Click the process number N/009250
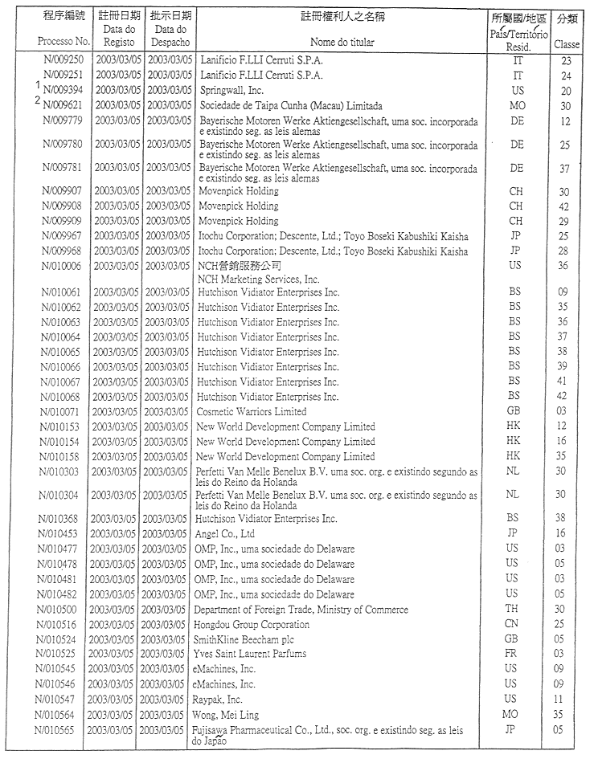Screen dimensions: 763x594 point(63,61)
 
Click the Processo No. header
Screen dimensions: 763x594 point(62,40)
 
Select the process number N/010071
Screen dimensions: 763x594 point(63,411)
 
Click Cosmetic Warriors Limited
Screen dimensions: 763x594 point(251,411)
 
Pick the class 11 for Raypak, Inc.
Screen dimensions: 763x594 point(567,699)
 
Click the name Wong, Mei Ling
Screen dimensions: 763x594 point(229,714)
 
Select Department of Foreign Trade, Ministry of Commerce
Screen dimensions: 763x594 point(301,610)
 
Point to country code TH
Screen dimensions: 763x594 point(512,610)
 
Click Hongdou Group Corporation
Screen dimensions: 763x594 point(251,624)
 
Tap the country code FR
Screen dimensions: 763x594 point(512,654)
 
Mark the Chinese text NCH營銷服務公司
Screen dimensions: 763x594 point(240,265)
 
